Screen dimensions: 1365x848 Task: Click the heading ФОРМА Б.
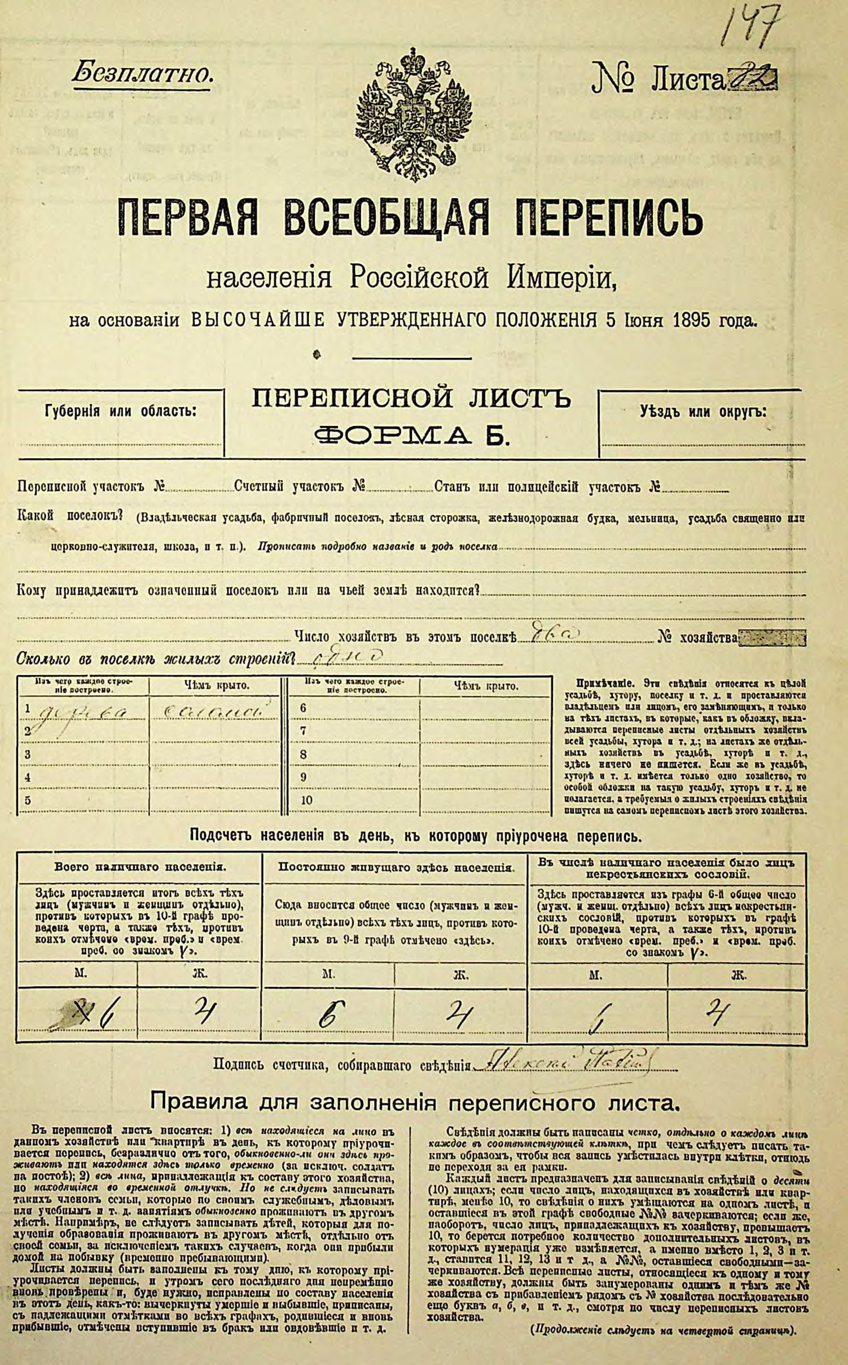coord(412,435)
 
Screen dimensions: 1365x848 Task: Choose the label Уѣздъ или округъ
coord(703,412)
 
